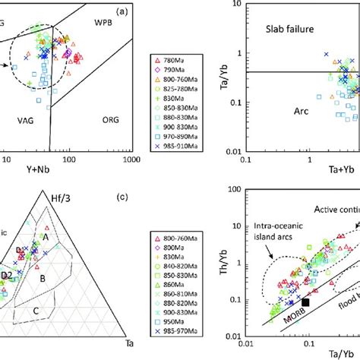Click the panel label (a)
125,14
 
